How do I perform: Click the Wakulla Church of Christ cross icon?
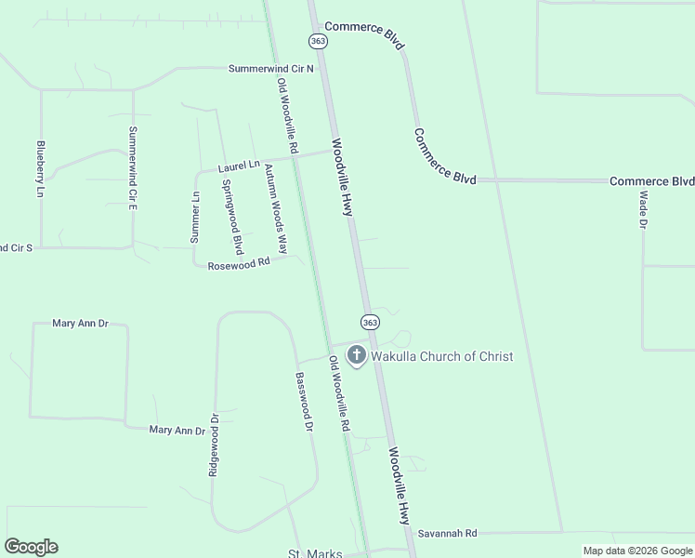pos(356,355)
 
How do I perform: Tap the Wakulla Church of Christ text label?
pos(441,356)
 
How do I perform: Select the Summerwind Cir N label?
pos(271,69)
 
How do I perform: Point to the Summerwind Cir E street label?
pos(133,166)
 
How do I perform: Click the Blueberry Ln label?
pos(40,169)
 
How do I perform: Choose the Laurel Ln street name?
pos(239,166)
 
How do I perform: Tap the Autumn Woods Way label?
pos(275,208)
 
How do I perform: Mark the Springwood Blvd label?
pos(232,216)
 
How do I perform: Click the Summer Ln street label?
pos(195,217)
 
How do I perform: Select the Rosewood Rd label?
pos(238,263)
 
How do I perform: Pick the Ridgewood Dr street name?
pos(214,445)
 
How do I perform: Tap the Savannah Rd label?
pos(447,534)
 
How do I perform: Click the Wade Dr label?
pos(643,212)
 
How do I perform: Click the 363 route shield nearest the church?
pos(370,322)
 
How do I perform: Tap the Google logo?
pos(31,547)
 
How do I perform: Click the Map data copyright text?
pos(636,551)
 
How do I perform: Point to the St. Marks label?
pos(315,553)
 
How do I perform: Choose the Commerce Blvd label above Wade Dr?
pos(651,181)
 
